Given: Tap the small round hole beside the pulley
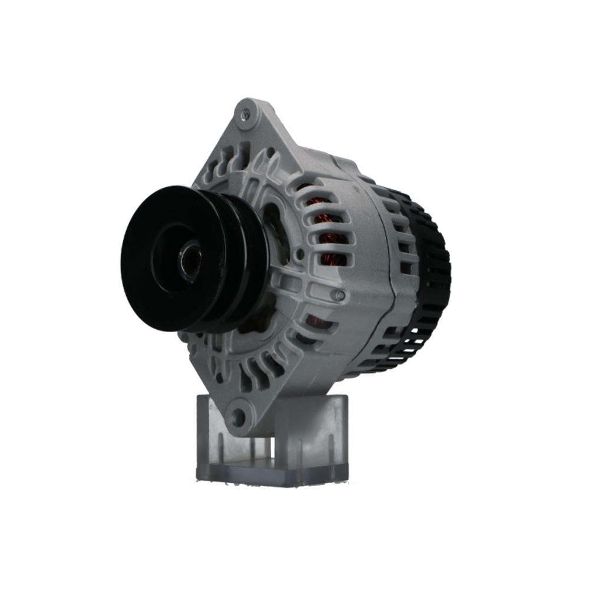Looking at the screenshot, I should click(300, 254).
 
